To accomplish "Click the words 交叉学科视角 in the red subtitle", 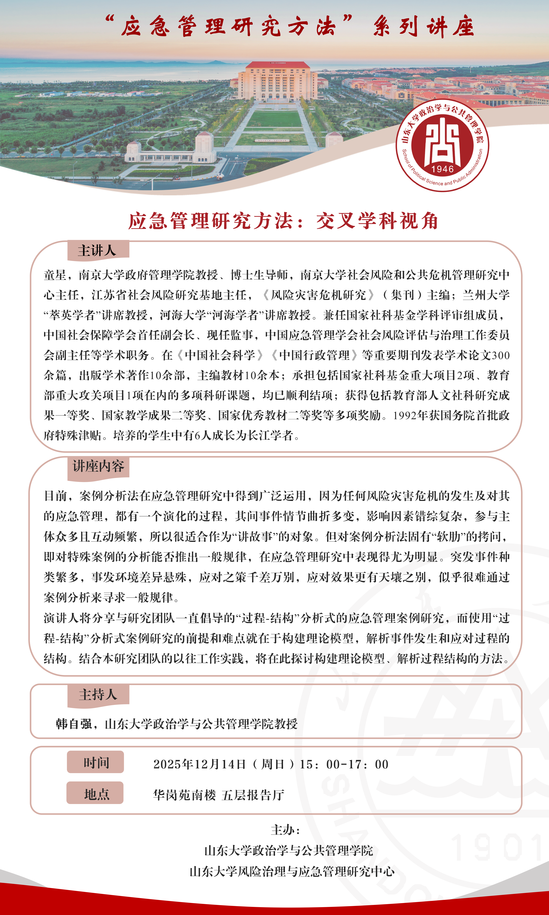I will click(x=377, y=221).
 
